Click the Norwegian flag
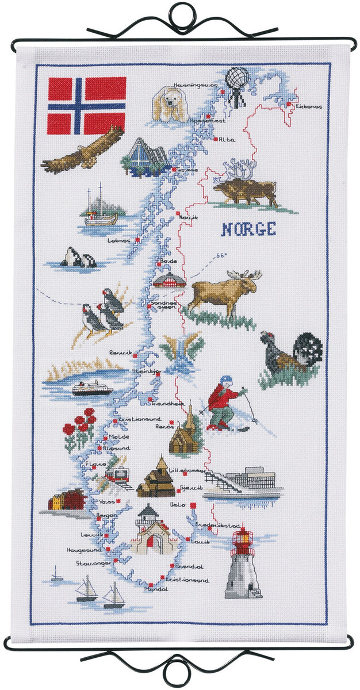pyautogui.click(x=86, y=105)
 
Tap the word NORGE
pyautogui.click(x=248, y=229)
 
